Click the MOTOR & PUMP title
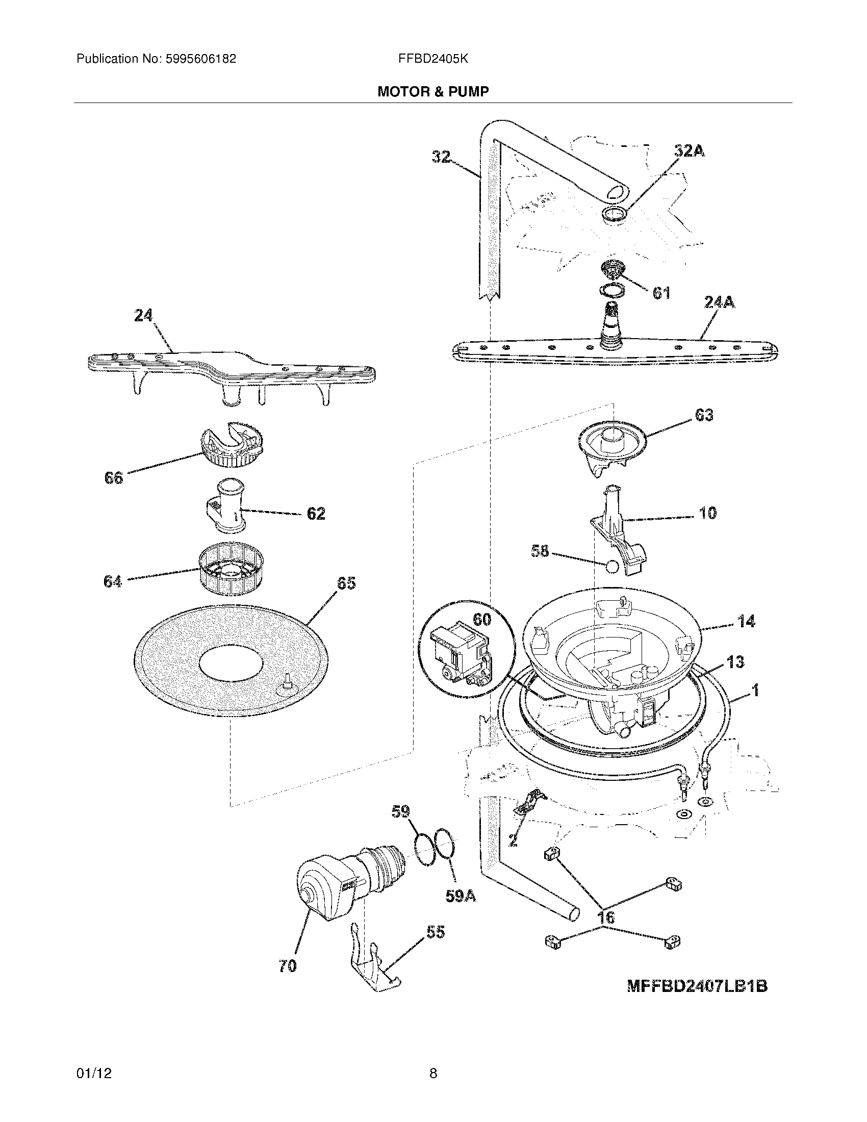pyautogui.click(x=433, y=91)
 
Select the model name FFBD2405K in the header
pyautogui.click(x=432, y=59)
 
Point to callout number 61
pyautogui.click(x=661, y=293)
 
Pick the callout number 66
pyautogui.click(x=114, y=478)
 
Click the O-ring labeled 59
pyautogui.click(x=424, y=850)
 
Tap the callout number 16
pyautogui.click(x=606, y=917)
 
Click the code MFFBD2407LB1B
pyautogui.click(x=697, y=1000)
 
